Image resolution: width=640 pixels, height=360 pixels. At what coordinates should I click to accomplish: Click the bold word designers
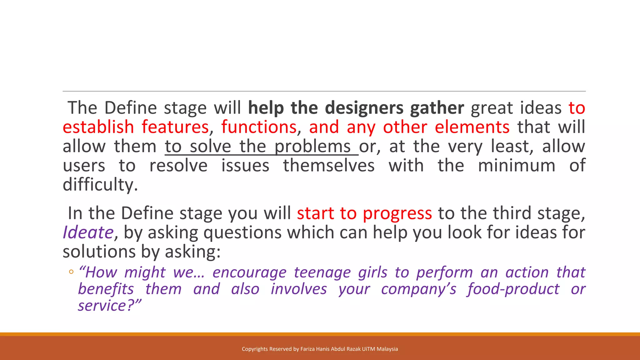[x=364, y=108]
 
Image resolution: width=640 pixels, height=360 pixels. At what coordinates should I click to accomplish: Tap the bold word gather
[x=437, y=108]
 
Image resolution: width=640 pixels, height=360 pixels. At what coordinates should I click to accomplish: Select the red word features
[x=175, y=127]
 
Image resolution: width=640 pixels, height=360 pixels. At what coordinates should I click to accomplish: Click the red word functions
[x=259, y=127]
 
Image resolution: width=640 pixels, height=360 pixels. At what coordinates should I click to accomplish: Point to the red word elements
[x=472, y=127]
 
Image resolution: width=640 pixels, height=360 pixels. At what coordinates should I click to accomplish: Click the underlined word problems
[x=312, y=147]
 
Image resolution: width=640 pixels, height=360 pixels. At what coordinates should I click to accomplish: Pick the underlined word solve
[x=210, y=147]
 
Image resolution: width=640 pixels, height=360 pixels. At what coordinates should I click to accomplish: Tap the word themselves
[x=329, y=166]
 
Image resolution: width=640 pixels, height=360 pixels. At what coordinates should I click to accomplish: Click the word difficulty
[x=100, y=185]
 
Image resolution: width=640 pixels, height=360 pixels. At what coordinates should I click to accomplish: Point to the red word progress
[x=397, y=214]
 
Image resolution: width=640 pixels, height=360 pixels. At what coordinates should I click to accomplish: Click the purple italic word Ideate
[x=88, y=233]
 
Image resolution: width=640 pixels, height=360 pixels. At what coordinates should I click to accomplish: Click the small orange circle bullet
[x=71, y=272]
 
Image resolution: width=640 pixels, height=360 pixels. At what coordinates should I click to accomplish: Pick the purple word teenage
[x=322, y=272]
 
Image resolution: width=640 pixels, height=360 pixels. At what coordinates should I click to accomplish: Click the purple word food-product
[x=513, y=289]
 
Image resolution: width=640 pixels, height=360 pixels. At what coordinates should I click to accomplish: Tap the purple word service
[x=102, y=306]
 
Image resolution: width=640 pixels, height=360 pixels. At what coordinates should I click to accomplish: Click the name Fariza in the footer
[x=307, y=349]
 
